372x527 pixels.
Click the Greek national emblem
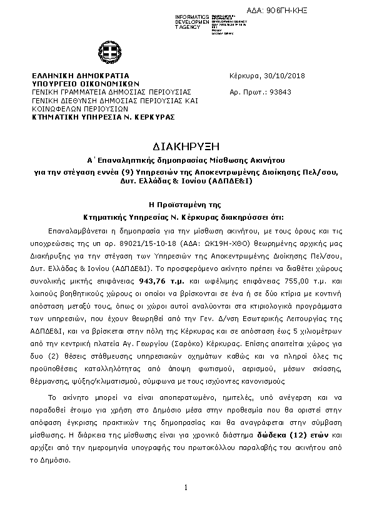(x=104, y=53)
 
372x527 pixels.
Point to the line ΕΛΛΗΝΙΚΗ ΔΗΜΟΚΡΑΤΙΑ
(x=80, y=75)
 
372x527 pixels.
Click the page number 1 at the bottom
(x=186, y=487)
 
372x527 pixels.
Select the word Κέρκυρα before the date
(x=245, y=76)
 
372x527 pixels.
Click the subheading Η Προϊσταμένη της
(x=185, y=205)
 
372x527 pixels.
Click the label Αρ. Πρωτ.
(x=244, y=92)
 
